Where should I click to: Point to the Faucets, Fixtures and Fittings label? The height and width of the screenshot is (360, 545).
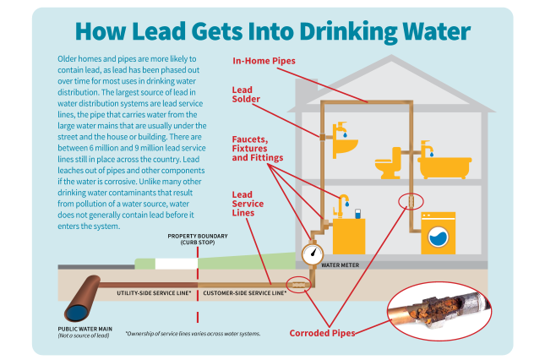257,148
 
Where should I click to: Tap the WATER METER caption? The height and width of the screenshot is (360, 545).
341,265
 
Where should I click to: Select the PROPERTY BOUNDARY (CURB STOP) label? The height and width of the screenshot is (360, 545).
197,239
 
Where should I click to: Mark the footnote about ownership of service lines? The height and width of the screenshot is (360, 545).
193,334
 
